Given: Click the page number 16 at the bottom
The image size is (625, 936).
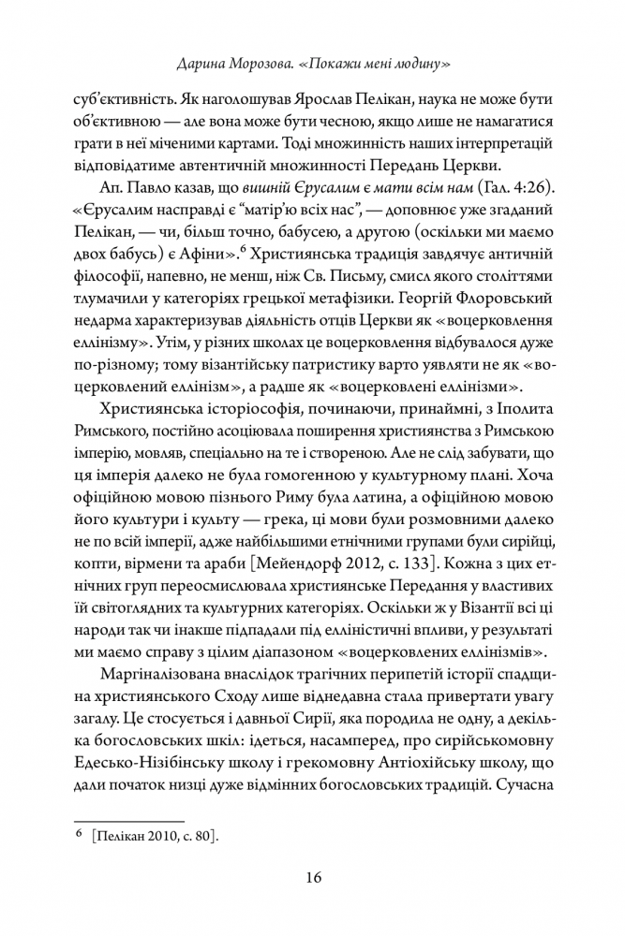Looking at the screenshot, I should pyautogui.click(x=313, y=877).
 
